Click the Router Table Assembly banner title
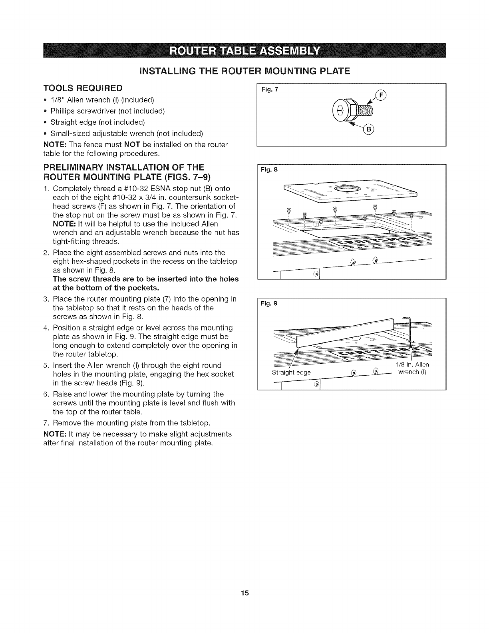pos(244,52)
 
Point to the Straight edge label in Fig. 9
pos(291,372)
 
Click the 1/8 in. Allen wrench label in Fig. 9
pos(412,368)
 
